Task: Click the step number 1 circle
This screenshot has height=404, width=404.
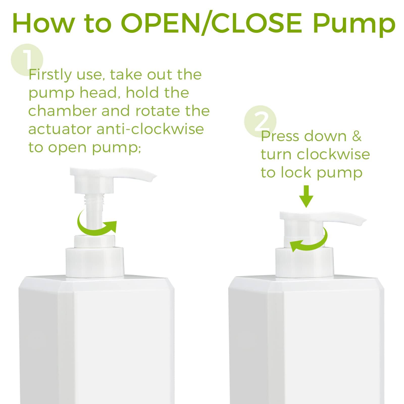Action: point(27,60)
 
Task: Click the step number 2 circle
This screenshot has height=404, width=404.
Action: point(260,121)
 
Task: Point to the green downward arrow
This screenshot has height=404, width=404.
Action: point(306,196)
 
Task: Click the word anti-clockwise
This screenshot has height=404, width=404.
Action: point(150,129)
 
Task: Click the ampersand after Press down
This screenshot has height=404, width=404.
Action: point(357,136)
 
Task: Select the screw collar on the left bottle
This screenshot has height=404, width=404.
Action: point(95,261)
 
